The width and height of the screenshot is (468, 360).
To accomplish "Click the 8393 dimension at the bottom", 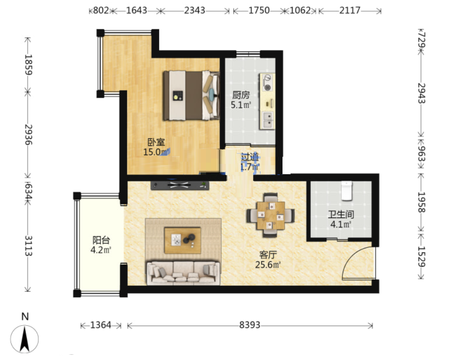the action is click(250, 325).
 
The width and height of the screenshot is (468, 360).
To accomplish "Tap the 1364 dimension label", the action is click(101, 325).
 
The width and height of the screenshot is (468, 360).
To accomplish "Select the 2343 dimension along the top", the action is click(194, 10).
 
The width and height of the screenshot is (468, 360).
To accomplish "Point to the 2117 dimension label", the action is click(350, 10).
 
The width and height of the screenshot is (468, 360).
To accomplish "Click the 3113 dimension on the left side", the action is click(28, 246).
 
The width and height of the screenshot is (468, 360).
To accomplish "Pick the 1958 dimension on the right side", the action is click(421, 202).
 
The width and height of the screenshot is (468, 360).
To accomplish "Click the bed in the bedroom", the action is click(191, 96).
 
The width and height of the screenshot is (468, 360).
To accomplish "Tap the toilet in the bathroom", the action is click(347, 191).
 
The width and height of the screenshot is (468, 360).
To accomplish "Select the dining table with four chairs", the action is click(270, 215).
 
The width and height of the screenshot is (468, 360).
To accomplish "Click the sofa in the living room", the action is click(183, 273).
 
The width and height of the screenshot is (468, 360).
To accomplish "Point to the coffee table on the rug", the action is click(182, 240).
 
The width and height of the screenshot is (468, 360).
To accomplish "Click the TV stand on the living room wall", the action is click(180, 185).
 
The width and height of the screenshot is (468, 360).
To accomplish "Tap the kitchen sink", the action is click(267, 120).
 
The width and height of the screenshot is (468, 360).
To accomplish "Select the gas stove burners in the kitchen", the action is click(267, 83).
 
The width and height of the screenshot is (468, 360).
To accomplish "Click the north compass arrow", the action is click(25, 339).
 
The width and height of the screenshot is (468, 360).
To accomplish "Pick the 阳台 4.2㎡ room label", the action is click(101, 245).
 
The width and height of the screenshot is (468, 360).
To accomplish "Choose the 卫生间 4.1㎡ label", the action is click(341, 219).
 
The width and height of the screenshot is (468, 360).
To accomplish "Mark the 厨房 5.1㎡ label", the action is click(241, 100).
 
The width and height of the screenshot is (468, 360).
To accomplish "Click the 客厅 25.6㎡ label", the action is click(268, 260).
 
